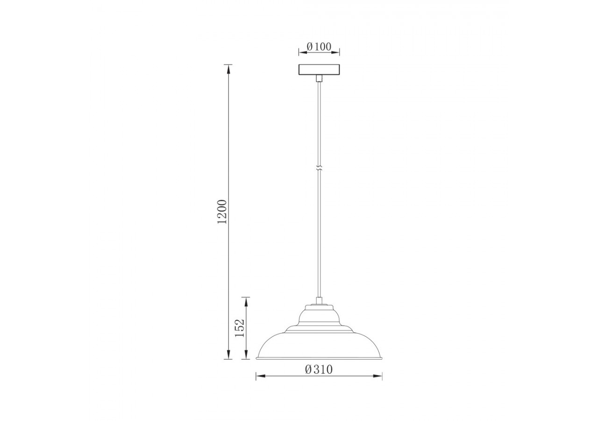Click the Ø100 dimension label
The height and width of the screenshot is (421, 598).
(319, 47)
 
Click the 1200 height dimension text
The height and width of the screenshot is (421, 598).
(222, 211)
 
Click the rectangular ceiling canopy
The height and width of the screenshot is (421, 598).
(319, 69)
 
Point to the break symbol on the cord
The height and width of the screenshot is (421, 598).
(319, 168)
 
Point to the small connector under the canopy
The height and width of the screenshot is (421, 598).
(319, 78)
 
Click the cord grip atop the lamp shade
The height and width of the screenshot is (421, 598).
(319, 301)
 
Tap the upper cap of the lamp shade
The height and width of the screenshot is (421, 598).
(319, 309)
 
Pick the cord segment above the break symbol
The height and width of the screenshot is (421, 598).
(319, 122)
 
